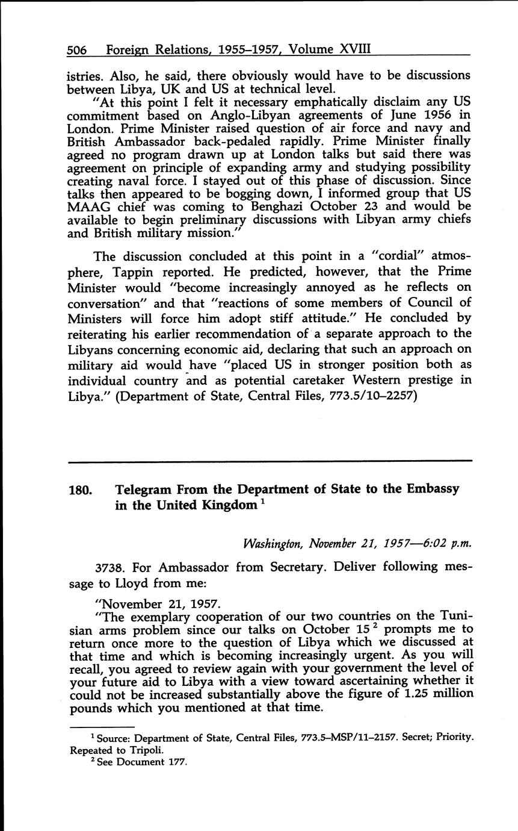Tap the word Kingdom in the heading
(222, 505)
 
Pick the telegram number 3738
(109, 566)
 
